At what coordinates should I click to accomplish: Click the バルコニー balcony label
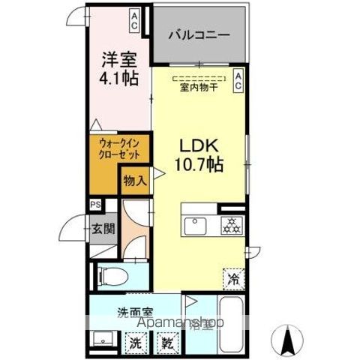pos(199,35)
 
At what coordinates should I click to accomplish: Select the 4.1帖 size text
pos(117,77)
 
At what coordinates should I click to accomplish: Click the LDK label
pos(197,144)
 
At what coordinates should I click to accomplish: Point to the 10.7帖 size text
pos(199,164)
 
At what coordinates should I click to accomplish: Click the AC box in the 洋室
pos(133,15)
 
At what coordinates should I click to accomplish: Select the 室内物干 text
pos(199,87)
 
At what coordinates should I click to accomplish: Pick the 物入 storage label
pos(135,180)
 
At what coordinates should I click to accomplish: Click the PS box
pos(95,203)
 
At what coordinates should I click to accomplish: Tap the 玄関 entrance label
pos(103,227)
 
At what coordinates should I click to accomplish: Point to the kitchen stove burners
pos(230,226)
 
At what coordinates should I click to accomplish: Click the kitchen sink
pos(196,226)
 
